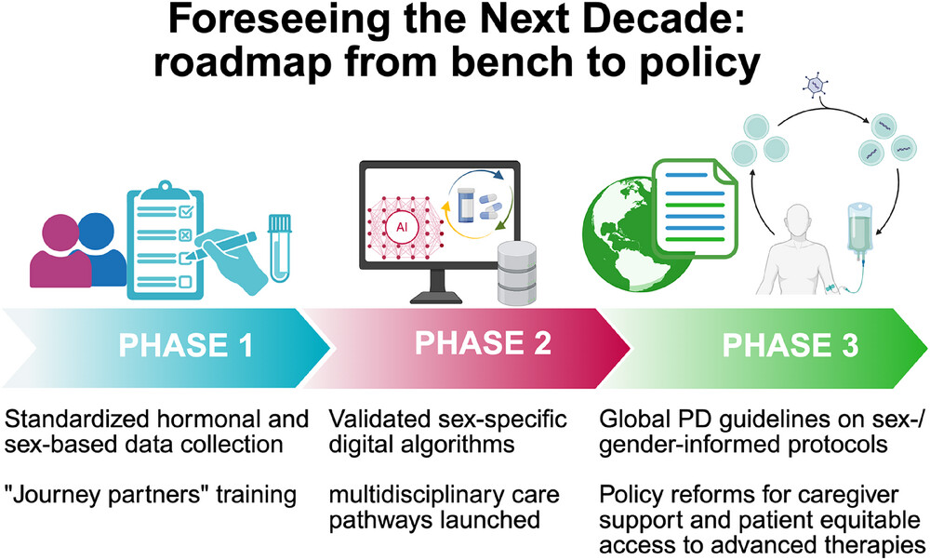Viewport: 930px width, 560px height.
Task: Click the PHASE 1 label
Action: [186, 345]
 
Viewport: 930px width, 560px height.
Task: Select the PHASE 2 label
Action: [483, 343]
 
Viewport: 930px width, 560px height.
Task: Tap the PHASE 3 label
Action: [790, 345]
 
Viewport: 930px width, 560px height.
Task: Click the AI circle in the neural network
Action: [402, 227]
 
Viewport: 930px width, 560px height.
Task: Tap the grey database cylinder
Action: [516, 273]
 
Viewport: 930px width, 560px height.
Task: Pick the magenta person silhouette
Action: [60, 251]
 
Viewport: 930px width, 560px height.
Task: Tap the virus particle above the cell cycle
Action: [815, 85]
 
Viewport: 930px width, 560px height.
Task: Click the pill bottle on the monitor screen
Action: [467, 206]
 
